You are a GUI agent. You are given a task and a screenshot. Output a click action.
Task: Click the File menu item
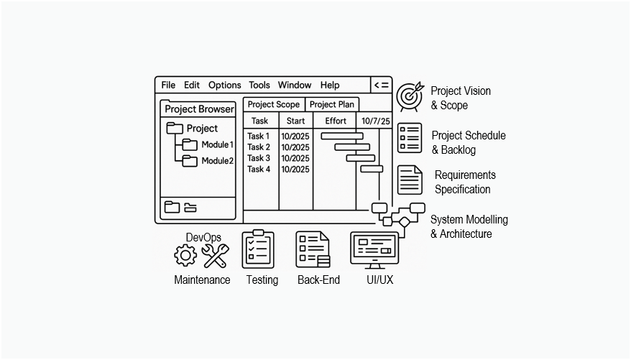[168, 85]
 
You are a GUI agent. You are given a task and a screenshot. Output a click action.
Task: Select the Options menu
[224, 85]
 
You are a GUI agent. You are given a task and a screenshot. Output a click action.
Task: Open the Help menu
[330, 85]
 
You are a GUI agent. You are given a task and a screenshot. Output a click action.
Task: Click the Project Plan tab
[332, 104]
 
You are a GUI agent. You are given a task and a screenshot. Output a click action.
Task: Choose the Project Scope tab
[274, 104]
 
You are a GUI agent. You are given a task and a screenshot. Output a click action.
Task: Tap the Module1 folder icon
[190, 144]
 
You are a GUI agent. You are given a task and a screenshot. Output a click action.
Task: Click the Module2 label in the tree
[217, 161]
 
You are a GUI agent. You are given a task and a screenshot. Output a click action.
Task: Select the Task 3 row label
[259, 158]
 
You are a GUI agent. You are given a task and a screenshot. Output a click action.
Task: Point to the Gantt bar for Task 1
[342, 135]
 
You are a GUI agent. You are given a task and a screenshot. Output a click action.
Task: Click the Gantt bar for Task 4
[372, 169]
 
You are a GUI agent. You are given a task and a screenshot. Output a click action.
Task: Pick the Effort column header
[335, 121]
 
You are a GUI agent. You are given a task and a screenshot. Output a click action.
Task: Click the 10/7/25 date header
[375, 121]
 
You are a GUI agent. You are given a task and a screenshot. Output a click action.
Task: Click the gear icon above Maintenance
[185, 254]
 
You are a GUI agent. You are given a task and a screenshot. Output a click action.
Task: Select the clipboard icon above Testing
[258, 249]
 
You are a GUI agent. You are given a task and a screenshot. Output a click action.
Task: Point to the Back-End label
[318, 280]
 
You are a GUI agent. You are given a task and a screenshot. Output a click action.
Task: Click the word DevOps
[203, 237]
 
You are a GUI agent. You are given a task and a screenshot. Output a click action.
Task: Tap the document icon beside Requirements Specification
[410, 180]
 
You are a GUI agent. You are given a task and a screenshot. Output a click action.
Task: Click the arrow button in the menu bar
[381, 85]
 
